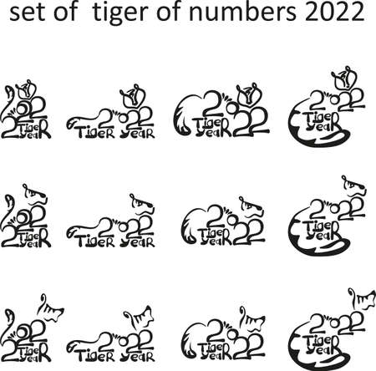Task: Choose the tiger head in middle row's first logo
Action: [x=33, y=197]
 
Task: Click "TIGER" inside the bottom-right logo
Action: [x=320, y=338]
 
